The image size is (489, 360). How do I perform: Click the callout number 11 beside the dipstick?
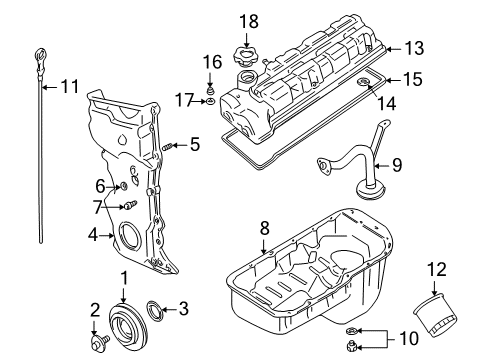pos(67,87)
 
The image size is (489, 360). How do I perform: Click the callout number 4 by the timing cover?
pos(91,236)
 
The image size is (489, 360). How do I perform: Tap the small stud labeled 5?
pos(168,147)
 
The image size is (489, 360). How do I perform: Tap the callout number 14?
pos(375,101)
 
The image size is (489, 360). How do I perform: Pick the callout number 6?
pos(100,185)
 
